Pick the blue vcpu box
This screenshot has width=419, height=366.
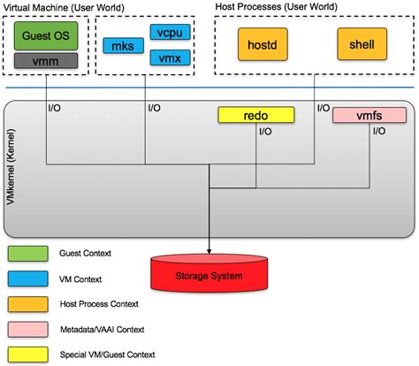click(164, 33)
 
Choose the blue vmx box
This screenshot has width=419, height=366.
click(164, 57)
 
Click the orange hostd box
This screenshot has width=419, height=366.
click(263, 42)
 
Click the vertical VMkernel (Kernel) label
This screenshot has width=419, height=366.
click(11, 169)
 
